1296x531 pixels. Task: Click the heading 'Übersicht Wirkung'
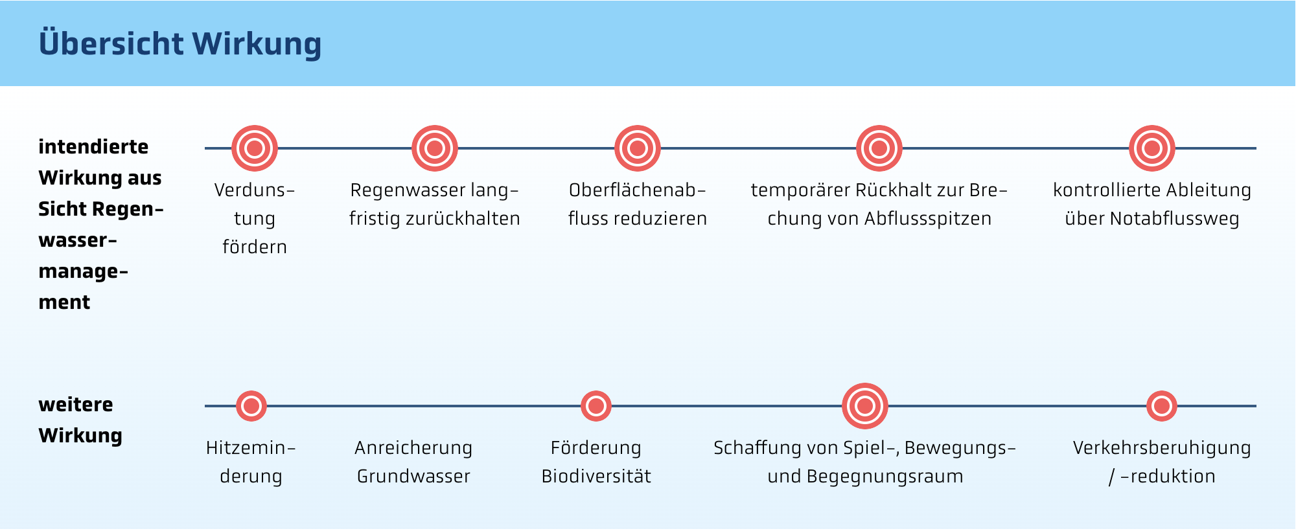pos(180,43)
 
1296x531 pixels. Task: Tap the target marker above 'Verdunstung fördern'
pos(255,148)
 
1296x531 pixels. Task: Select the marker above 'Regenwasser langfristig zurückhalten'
pos(435,148)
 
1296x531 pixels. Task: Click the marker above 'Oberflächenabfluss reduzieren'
pos(638,148)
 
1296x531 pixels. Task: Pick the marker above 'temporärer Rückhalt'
pos(879,148)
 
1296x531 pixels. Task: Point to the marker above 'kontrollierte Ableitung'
pos(1152,148)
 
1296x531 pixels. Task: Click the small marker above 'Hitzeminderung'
pos(251,406)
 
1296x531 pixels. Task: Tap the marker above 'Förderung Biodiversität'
pos(596,406)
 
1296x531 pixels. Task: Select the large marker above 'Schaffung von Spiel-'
pos(865,406)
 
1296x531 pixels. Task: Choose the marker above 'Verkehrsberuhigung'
pos(1162,406)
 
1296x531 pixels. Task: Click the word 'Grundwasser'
pos(413,477)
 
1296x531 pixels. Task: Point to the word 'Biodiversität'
pos(596,477)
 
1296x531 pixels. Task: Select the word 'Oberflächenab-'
pos(638,190)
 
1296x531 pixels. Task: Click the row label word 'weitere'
pos(76,405)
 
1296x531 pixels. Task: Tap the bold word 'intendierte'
pos(93,147)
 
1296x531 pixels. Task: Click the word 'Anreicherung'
pos(413,448)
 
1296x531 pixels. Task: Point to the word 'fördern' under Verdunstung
pos(255,247)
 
